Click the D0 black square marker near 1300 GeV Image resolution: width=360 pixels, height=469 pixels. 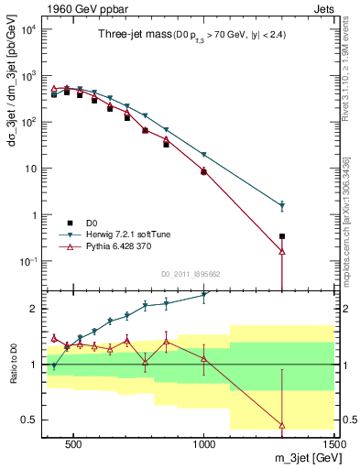coord(282,236)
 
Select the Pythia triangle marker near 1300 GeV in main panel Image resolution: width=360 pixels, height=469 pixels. coord(282,251)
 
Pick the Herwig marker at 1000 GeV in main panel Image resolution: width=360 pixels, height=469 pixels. coord(203,155)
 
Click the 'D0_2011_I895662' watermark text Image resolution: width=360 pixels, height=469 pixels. coord(191,273)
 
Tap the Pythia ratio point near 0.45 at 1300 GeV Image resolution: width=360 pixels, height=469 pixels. coord(282,425)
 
